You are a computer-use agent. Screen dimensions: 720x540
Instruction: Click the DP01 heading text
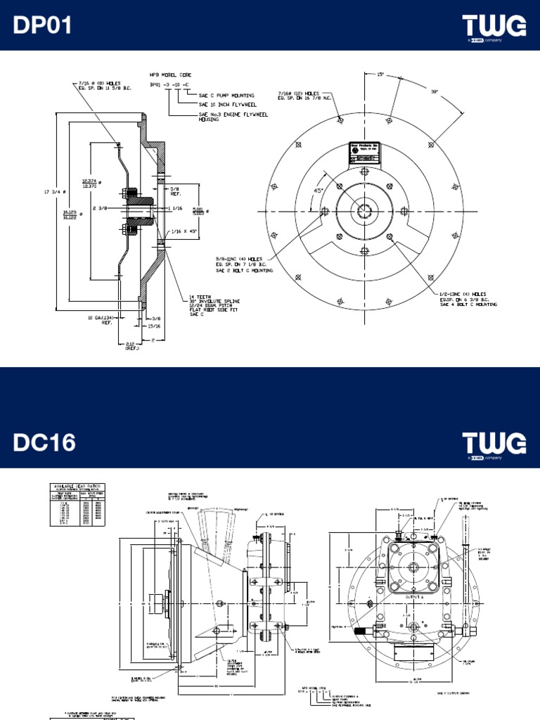click(x=43, y=26)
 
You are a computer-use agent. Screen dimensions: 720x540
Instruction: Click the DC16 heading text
click(x=44, y=443)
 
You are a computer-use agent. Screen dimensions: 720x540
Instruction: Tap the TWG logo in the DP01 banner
click(x=494, y=27)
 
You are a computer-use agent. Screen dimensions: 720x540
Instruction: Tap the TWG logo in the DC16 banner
click(x=494, y=444)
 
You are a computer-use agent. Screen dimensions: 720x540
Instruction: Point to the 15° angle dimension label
click(x=381, y=74)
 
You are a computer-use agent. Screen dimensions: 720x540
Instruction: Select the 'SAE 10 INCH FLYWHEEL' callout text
click(x=219, y=105)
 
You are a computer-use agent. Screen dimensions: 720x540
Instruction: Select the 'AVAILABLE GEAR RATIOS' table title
click(x=75, y=486)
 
